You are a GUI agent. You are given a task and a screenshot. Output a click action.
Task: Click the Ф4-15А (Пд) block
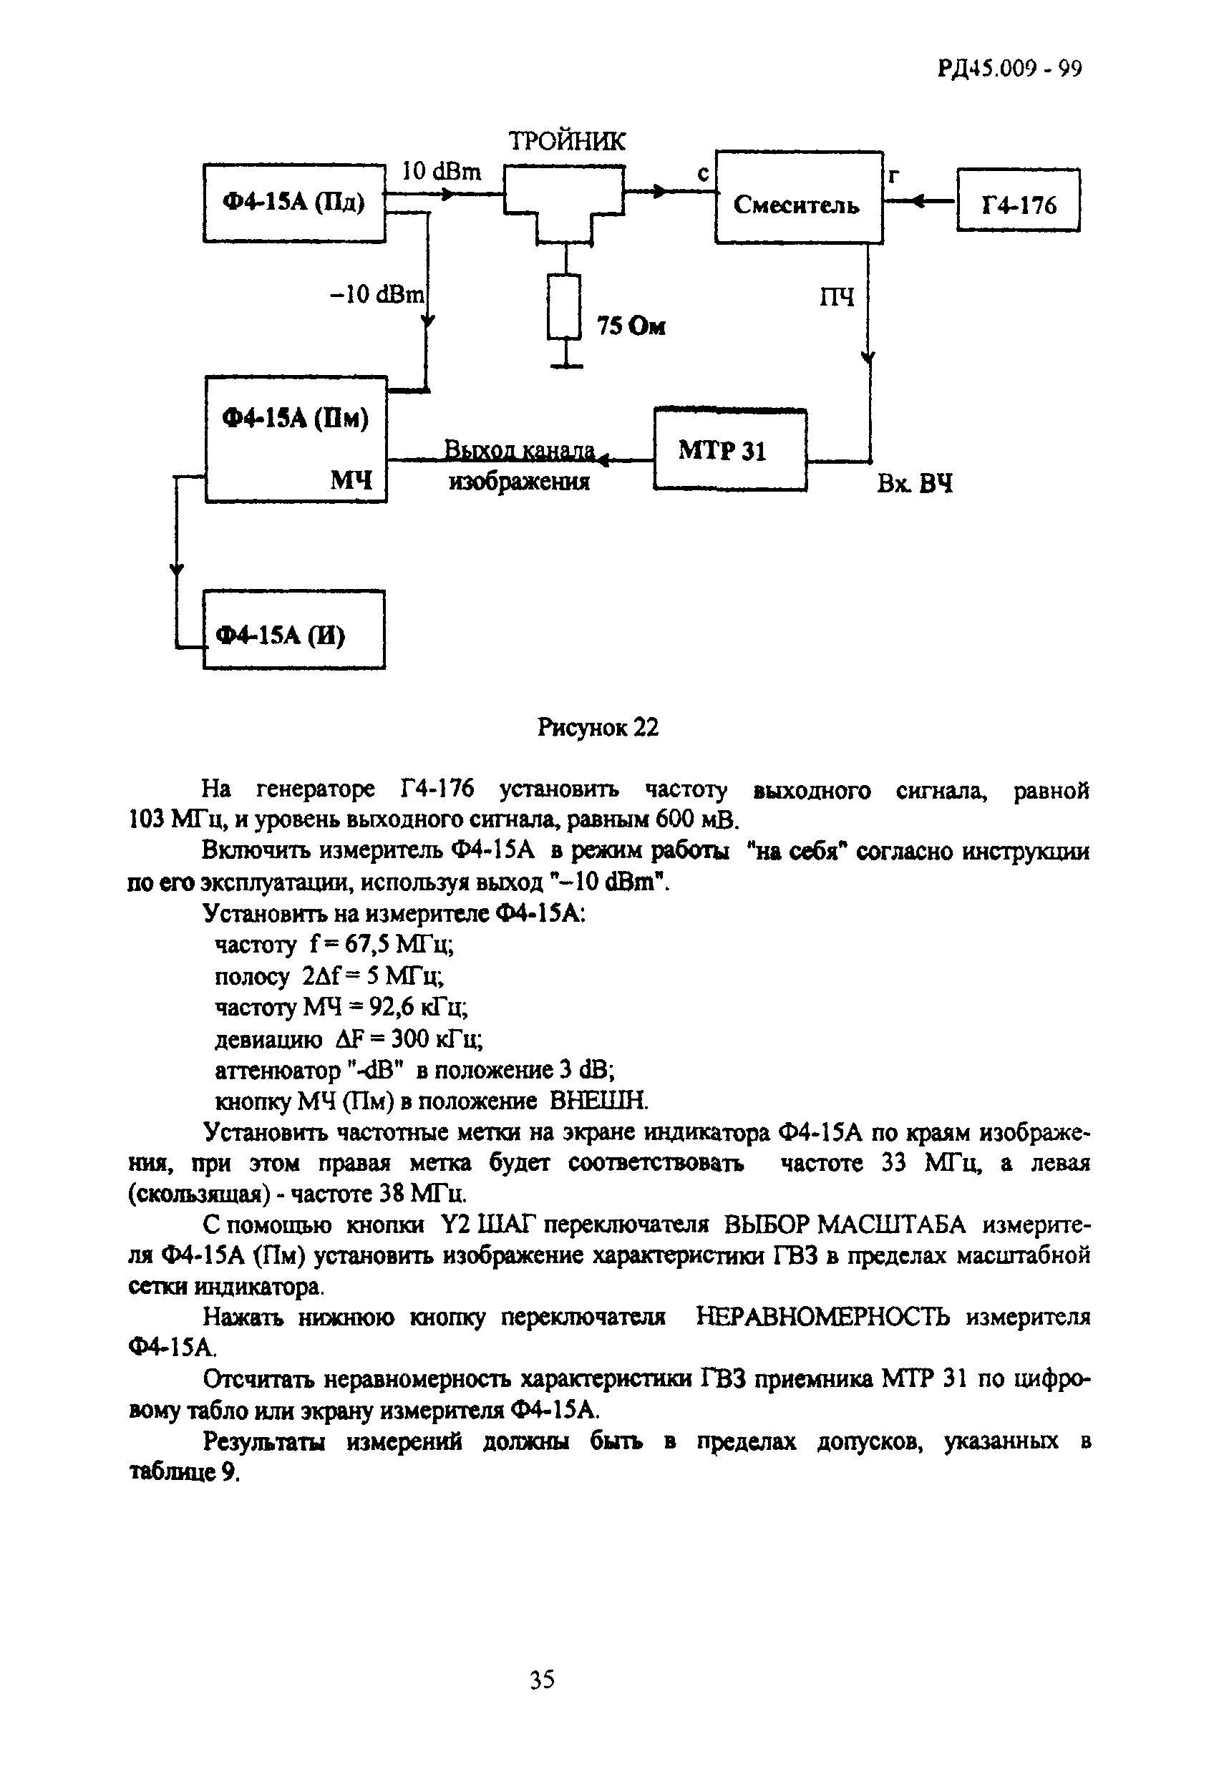(293, 203)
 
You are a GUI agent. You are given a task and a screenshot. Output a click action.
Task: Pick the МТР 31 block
(729, 450)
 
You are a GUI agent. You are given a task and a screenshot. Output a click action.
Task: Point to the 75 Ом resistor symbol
(565, 306)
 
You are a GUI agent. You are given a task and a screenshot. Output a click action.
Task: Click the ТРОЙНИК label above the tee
(567, 142)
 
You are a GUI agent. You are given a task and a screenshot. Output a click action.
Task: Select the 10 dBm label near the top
(442, 172)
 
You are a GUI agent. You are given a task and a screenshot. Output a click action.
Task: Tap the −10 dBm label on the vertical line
(377, 294)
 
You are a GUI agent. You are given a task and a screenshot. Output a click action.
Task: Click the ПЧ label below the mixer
(837, 297)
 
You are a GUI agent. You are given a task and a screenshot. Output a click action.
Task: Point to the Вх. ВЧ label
(914, 485)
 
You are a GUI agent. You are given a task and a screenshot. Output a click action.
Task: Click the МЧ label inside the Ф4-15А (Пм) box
(351, 481)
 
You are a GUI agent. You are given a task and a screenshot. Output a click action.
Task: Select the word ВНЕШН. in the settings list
(599, 1101)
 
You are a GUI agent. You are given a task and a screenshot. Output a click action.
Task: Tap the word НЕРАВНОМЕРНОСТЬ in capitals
(823, 1318)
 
